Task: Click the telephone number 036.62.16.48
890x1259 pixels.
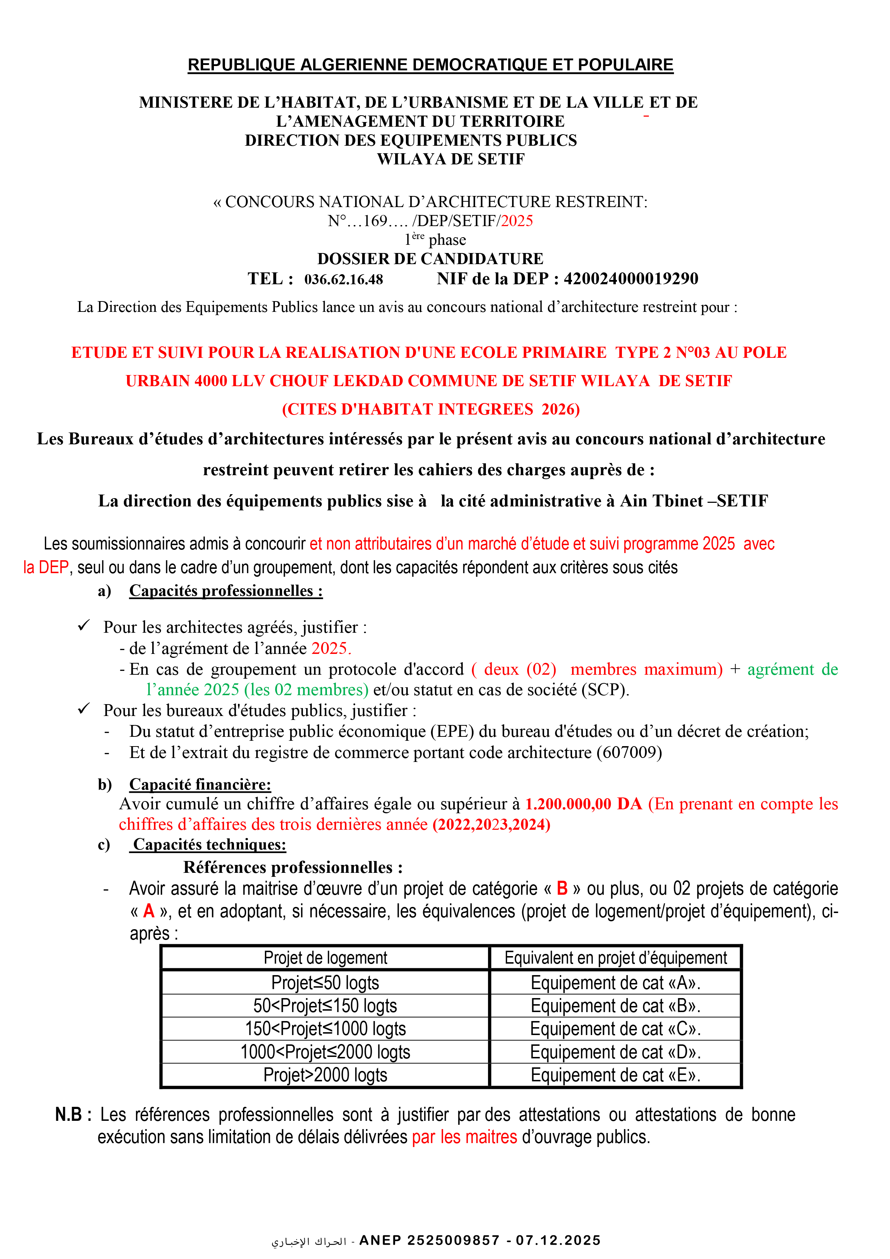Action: tap(343, 280)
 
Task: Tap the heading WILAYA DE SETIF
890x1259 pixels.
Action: tap(451, 159)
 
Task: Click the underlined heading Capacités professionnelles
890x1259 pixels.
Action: tap(226, 591)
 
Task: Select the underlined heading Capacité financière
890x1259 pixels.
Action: tap(200, 785)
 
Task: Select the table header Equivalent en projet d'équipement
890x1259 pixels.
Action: tap(615, 958)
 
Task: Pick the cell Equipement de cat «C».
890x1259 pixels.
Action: tap(615, 1029)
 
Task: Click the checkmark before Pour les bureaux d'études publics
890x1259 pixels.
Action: tap(83, 709)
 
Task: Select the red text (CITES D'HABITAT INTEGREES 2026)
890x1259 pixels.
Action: tap(431, 409)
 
